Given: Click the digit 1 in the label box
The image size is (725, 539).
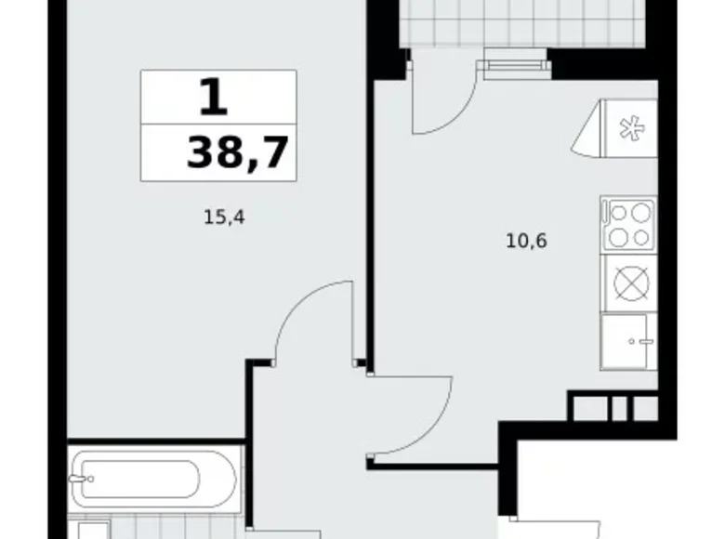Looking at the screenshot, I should tap(213, 97).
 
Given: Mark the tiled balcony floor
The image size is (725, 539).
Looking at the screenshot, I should tap(521, 22).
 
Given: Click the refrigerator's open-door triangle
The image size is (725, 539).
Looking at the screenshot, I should tap(587, 135).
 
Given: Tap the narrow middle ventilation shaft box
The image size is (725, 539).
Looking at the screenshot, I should tap(617, 407).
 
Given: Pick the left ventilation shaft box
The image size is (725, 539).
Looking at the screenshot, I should tap(589, 407).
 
